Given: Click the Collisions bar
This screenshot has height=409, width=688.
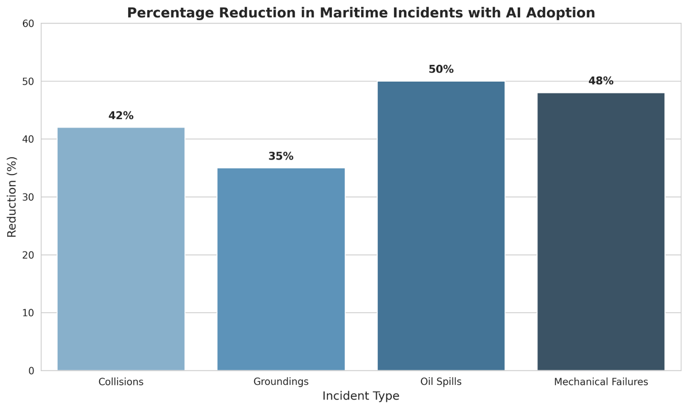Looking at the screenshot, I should pos(121,249).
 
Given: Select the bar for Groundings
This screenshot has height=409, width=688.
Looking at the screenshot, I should pos(281,269).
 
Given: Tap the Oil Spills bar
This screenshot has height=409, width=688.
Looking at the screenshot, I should pos(441,226).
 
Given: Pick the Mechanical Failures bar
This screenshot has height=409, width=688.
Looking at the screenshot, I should pos(601,232).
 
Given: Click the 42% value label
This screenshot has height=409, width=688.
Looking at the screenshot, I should pos(121,116).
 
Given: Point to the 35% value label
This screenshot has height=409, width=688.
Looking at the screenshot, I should pos(281,157).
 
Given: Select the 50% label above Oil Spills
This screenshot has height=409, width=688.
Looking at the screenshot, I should pos(441,69).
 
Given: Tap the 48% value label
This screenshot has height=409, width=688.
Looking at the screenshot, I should pos(601,81).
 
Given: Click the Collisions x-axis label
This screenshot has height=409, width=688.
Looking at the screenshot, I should pos(121,382).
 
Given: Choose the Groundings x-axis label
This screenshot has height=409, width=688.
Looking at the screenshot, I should pos(281,382).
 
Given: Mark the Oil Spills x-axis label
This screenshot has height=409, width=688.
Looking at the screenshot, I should pos(441,382).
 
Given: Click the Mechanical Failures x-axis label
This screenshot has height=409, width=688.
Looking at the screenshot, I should pos(601,382).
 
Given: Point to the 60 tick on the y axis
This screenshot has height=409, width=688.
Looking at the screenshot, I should pos(29,23).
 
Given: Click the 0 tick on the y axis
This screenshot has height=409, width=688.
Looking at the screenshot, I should pos(31,370).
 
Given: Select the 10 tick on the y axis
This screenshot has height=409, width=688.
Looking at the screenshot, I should pos(29,313).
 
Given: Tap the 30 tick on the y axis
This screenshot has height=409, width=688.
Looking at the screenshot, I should pos(29,197).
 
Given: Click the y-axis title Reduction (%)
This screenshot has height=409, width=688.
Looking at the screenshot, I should pos(12,197).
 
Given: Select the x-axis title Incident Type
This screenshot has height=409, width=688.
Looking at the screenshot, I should pos(361,396).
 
